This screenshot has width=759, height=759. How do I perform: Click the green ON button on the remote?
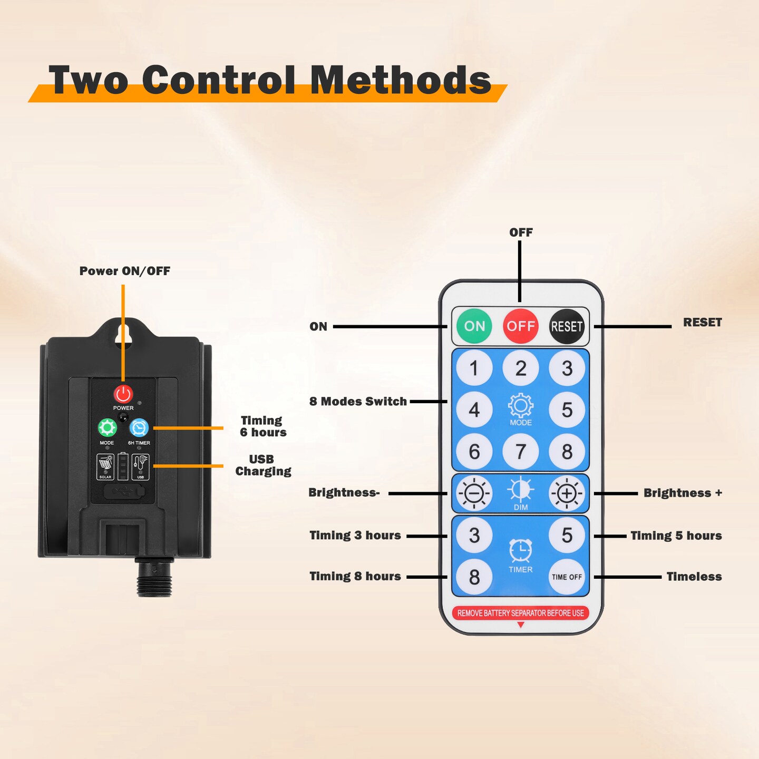[474, 326]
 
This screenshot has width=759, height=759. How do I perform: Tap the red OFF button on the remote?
[520, 326]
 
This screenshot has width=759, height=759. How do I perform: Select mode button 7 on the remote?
[520, 451]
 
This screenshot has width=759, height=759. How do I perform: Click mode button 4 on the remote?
[474, 410]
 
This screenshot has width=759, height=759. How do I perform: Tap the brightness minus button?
[474, 493]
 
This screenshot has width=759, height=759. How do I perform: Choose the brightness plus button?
[567, 493]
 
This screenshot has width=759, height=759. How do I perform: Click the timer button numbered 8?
[474, 577]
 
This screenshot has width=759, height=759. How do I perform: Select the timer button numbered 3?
[474, 536]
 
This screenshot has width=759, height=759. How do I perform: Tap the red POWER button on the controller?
[123, 394]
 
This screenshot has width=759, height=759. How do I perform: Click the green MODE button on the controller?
[107, 428]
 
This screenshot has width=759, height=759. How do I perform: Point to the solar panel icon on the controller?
[105, 467]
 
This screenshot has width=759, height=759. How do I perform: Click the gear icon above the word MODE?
[520, 405]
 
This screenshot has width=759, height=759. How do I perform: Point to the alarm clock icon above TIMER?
[520, 550]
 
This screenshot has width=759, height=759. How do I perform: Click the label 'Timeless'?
[694, 577]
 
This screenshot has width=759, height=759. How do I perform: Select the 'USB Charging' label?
[263, 465]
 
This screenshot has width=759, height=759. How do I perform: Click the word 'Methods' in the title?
[401, 80]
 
